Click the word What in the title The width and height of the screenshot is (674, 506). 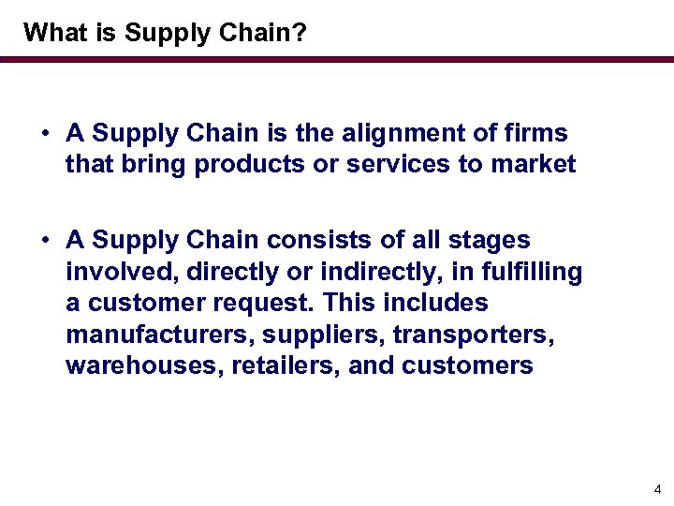tap(51, 33)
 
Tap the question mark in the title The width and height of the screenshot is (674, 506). tap(300, 33)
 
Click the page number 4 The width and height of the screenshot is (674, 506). tap(657, 489)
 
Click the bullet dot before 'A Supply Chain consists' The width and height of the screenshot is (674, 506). tap(45, 242)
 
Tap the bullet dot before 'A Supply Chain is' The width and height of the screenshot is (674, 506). tap(45, 135)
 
